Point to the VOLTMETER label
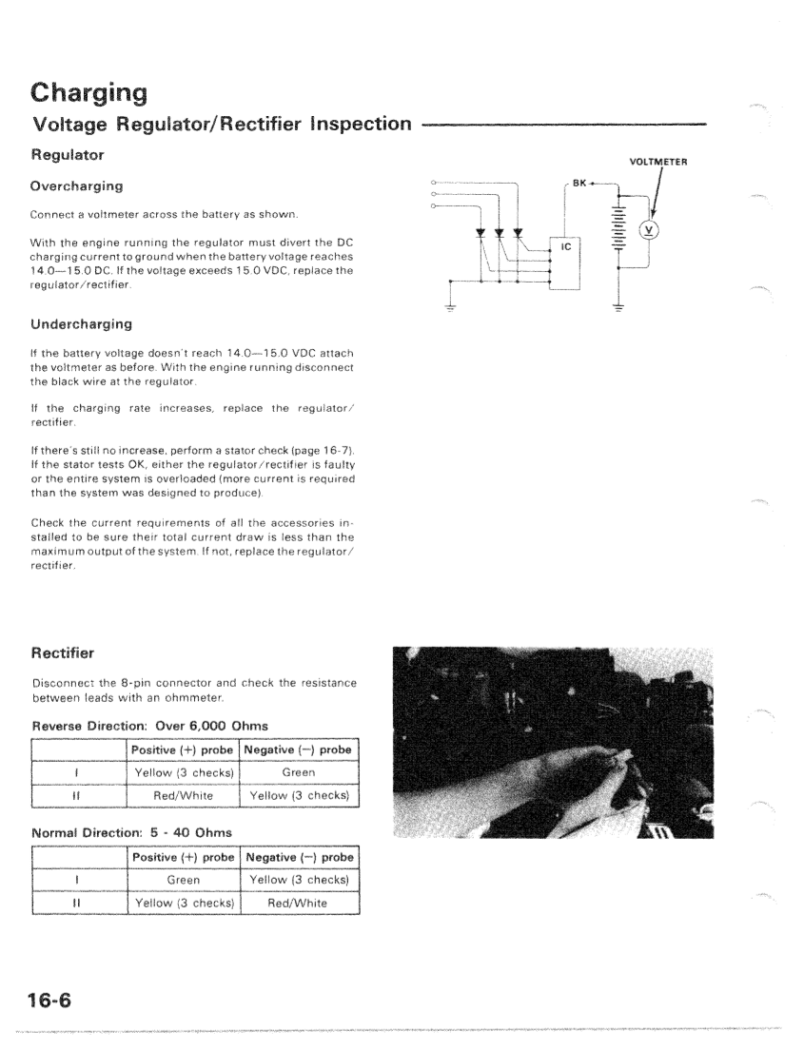click(658, 161)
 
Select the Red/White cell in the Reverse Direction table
click(184, 794)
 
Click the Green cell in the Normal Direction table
click(184, 881)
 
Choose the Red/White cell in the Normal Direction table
click(299, 903)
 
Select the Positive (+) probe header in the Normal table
click(184, 858)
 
